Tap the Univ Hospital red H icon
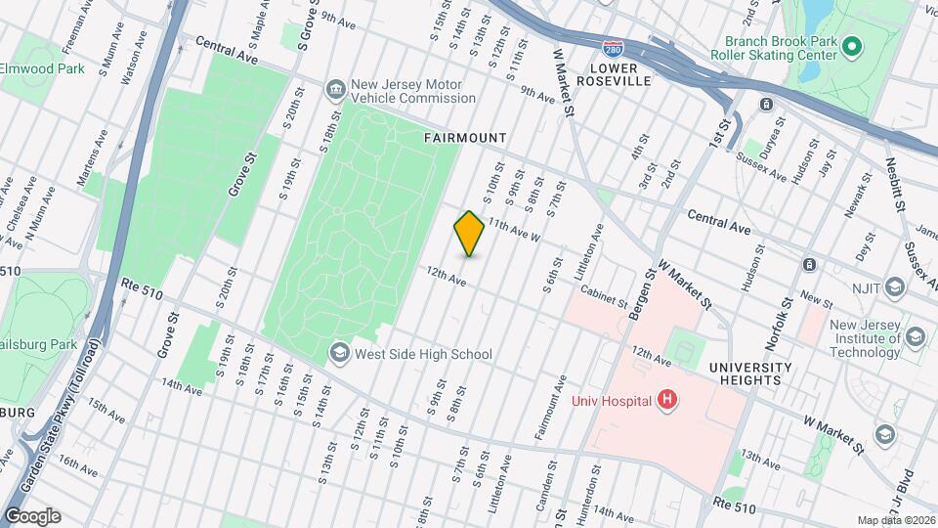click(667, 399)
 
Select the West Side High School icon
click(339, 353)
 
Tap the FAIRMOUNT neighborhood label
click(465, 139)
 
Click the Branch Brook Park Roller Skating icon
click(851, 46)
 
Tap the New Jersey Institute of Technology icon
click(916, 337)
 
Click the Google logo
click(31, 515)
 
